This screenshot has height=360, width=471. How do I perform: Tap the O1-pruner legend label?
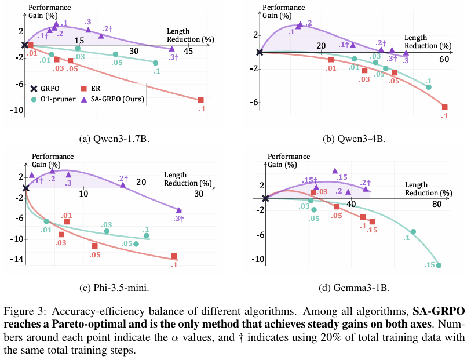point(57,99)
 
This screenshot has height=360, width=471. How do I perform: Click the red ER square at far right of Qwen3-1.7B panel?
point(201,100)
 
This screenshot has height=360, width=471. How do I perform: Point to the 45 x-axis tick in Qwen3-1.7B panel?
point(188,51)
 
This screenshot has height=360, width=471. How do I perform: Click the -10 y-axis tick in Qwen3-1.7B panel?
point(16,108)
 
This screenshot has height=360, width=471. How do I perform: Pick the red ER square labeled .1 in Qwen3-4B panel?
point(445,107)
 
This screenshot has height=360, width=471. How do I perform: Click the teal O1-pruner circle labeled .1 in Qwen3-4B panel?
point(429,87)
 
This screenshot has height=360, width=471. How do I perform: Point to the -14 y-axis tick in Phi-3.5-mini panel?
point(16,260)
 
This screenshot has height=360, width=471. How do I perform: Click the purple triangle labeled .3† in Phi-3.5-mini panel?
point(179,210)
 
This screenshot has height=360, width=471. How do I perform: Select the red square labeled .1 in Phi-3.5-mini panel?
point(174,256)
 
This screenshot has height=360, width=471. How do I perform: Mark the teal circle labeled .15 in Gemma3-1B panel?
point(439,266)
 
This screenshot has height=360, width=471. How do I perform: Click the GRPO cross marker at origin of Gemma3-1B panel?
point(265,198)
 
